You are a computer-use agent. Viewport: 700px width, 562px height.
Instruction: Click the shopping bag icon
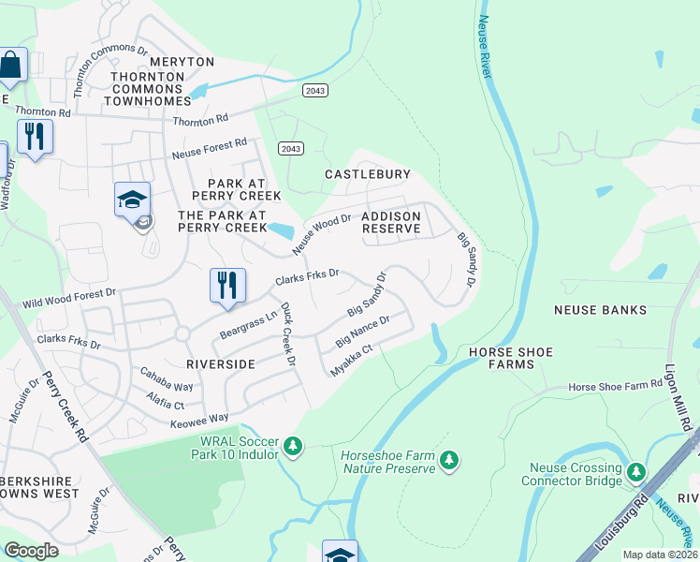10,67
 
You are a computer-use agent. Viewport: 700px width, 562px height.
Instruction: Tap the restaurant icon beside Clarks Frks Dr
227,286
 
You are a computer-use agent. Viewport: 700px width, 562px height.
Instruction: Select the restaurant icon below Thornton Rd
35,137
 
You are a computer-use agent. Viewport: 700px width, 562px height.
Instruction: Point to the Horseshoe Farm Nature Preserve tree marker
450,460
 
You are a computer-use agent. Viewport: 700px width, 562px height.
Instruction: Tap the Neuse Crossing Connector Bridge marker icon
637,471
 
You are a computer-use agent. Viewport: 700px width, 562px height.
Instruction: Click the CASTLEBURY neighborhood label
367,174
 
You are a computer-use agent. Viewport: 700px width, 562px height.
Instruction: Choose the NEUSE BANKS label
600,309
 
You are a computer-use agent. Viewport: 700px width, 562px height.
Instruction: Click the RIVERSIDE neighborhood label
221,362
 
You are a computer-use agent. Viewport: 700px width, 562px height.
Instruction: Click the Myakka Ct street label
352,361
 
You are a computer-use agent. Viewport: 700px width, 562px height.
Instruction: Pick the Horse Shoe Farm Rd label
615,386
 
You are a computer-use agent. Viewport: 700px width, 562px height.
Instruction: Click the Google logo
32,551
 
